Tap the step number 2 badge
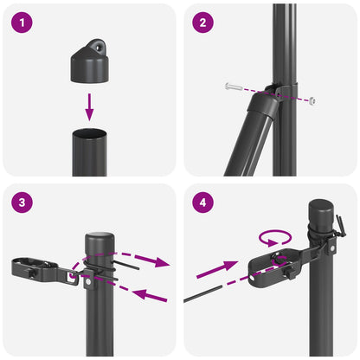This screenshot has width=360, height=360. pyautogui.click(x=202, y=22)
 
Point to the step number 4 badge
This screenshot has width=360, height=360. pyautogui.click(x=202, y=203)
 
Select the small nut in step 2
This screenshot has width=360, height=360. pyautogui.click(x=311, y=101)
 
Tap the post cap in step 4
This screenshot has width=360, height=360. pyautogui.click(x=320, y=210)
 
